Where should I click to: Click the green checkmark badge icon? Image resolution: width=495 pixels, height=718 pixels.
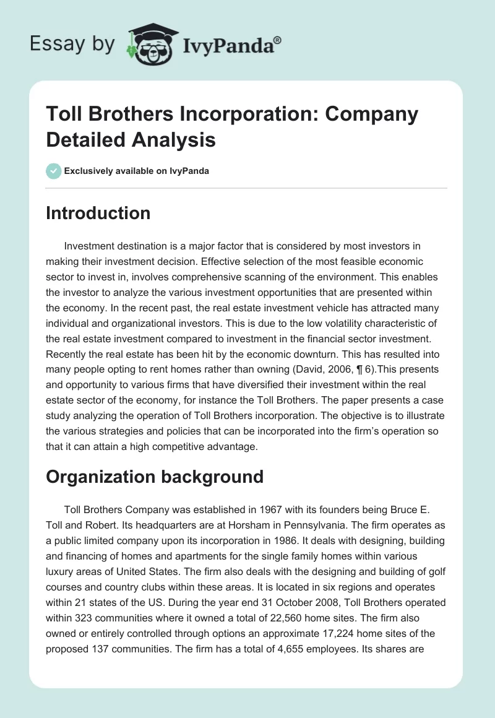pos(53,171)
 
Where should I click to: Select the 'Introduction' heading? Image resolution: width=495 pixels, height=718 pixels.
pos(98,213)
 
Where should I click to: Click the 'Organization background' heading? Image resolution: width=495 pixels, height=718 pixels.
pos(155,477)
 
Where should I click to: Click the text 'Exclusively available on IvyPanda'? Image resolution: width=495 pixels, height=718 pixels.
pos(137,171)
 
